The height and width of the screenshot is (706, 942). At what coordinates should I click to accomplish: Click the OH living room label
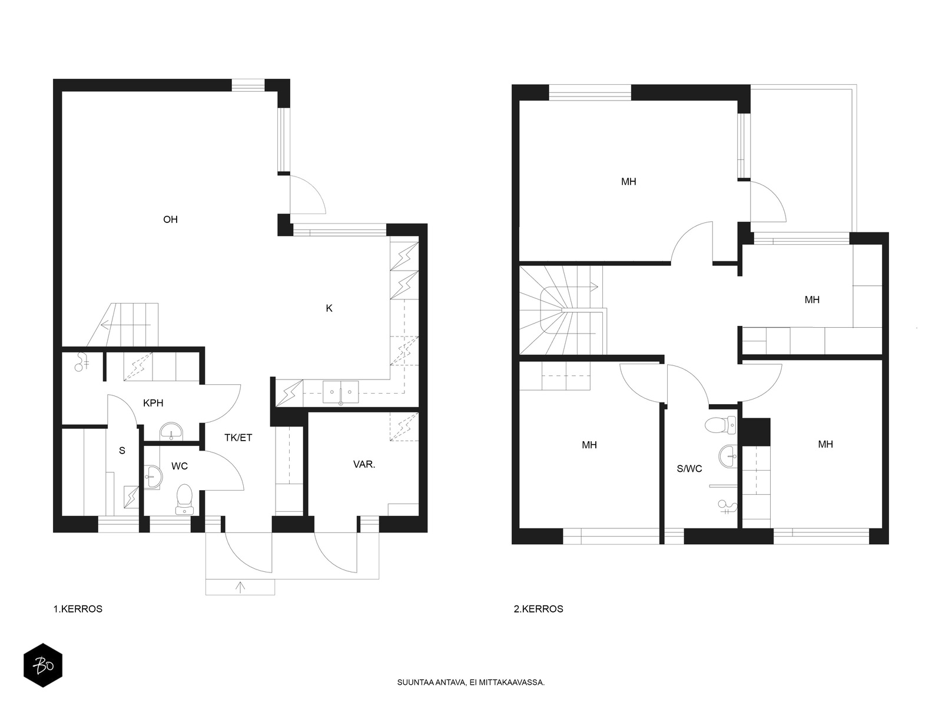[x=170, y=219]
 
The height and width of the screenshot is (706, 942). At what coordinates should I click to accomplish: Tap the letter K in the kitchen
[x=329, y=308]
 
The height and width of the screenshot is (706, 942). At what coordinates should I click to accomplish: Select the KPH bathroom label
[x=153, y=403]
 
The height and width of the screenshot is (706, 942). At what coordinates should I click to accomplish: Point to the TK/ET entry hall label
[x=238, y=438]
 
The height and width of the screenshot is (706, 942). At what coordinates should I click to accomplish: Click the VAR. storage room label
[x=364, y=464]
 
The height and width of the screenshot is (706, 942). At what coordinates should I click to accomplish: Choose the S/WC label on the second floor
[x=689, y=469]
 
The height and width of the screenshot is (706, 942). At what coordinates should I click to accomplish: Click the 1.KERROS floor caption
[x=78, y=609]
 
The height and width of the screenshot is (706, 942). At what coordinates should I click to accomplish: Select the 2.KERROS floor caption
[x=539, y=609]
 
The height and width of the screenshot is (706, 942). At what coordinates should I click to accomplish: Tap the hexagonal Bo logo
[x=43, y=666]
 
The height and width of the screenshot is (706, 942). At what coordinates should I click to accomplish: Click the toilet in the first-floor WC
[x=184, y=499]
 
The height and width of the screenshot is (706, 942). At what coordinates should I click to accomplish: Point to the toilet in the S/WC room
[x=721, y=425]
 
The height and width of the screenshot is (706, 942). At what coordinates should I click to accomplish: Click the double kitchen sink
[x=341, y=392]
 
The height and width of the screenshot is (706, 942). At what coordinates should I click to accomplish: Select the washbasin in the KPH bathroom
[x=171, y=432]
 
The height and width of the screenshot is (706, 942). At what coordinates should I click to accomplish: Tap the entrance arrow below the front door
[x=240, y=587]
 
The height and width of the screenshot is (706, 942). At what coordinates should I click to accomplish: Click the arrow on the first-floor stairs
[x=125, y=325]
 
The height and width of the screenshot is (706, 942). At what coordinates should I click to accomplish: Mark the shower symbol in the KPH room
[x=81, y=362]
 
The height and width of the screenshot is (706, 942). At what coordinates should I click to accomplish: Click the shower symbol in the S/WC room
[x=727, y=507]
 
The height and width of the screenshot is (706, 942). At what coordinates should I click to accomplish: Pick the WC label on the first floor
[x=180, y=467]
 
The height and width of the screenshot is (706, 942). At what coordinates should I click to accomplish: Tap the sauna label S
[x=122, y=451]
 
